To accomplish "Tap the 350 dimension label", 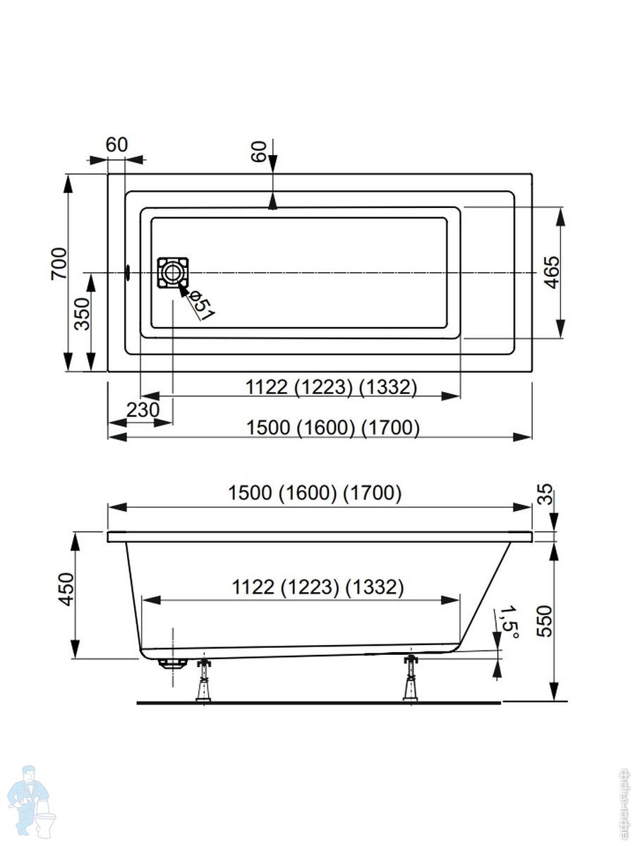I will click(83, 314).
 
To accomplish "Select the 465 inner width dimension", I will click(552, 271).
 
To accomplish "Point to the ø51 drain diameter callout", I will click(201, 305).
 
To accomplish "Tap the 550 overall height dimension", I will click(543, 620).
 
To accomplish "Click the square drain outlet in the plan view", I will click(173, 272).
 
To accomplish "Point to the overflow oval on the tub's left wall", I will click(128, 271).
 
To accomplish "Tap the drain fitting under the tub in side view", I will click(172, 662).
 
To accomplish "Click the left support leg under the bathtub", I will click(203, 680).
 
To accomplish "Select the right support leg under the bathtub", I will click(410, 678).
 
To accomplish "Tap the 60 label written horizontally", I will click(116, 145).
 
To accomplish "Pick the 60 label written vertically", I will click(260, 152).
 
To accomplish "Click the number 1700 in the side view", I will click(373, 493).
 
